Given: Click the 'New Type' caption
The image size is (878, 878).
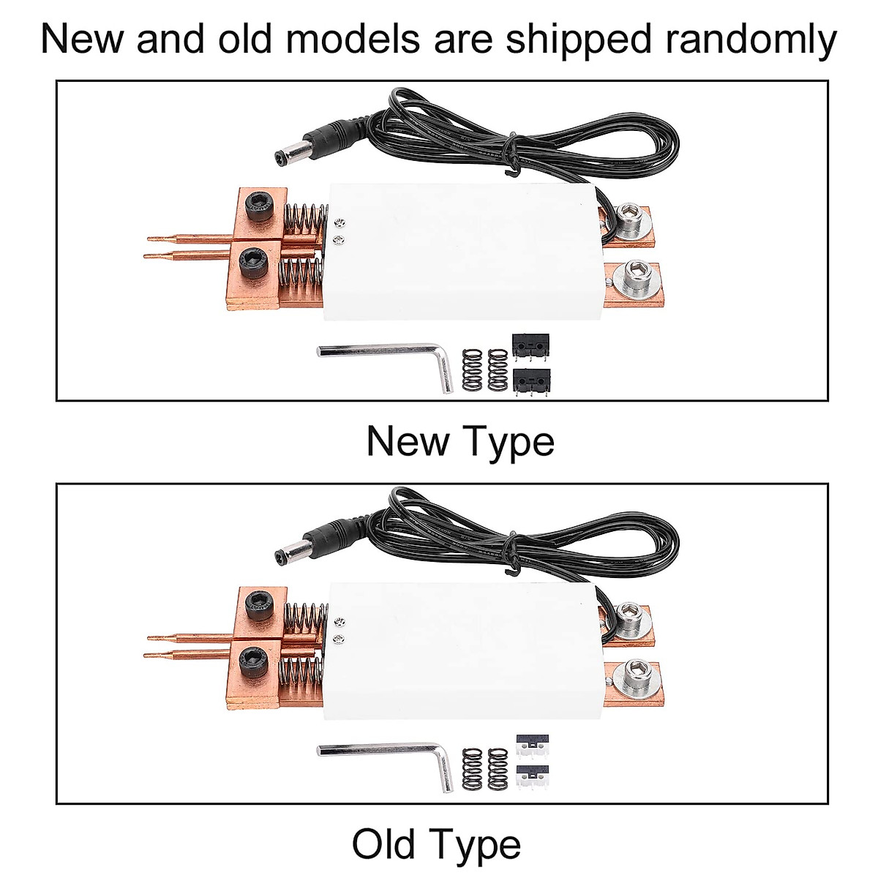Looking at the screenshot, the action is coord(460,441).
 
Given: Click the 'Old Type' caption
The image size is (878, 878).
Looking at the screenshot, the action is coord(436,844).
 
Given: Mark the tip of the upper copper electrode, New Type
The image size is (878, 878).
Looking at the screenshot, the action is coord(151,238).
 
